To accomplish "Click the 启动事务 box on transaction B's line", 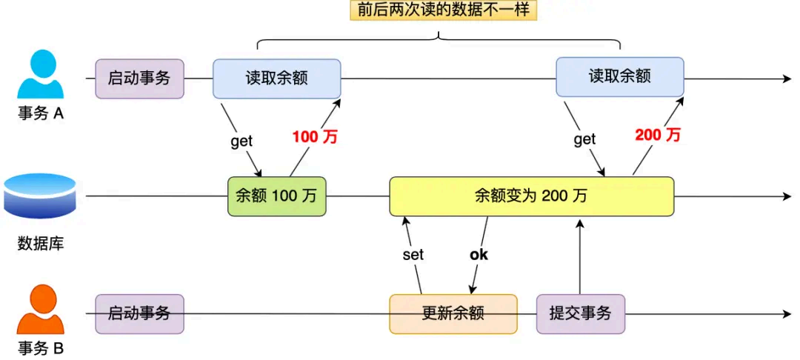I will pyautogui.click(x=139, y=313).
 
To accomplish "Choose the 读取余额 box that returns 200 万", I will pyautogui.click(x=619, y=77).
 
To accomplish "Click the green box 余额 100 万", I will pyautogui.click(x=276, y=196).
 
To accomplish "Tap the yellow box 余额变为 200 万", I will pyautogui.click(x=531, y=196).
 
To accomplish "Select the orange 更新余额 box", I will pyautogui.click(x=453, y=313).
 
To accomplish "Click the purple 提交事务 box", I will pyautogui.click(x=580, y=313).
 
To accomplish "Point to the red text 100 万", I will pyautogui.click(x=314, y=136).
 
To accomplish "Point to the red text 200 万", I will pyautogui.click(x=658, y=135).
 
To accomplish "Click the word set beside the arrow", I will pyautogui.click(x=413, y=255).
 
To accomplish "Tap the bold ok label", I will pyautogui.click(x=479, y=255).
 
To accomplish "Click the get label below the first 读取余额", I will pyautogui.click(x=241, y=141).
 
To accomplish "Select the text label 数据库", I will pyautogui.click(x=41, y=243).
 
